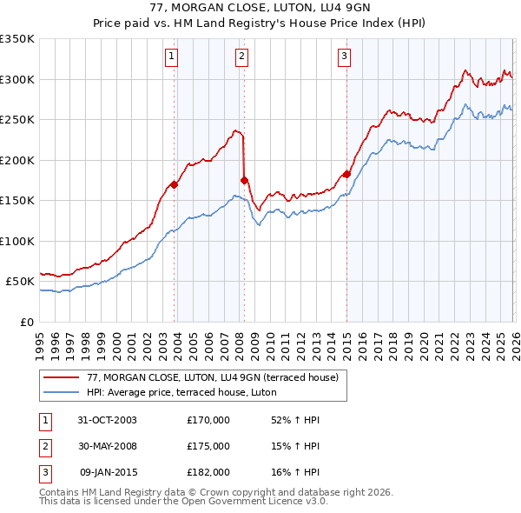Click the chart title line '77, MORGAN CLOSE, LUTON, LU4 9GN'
point(260,10)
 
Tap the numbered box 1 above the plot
point(172,57)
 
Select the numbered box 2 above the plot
point(241,57)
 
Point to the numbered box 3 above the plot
point(344,57)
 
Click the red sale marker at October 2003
point(175,184)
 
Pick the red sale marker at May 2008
point(244,180)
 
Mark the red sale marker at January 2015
point(346,174)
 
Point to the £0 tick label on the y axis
point(28,322)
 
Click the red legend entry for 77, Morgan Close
point(217,377)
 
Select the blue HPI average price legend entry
point(181,392)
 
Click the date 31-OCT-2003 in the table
point(107,420)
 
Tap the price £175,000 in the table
point(208,446)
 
